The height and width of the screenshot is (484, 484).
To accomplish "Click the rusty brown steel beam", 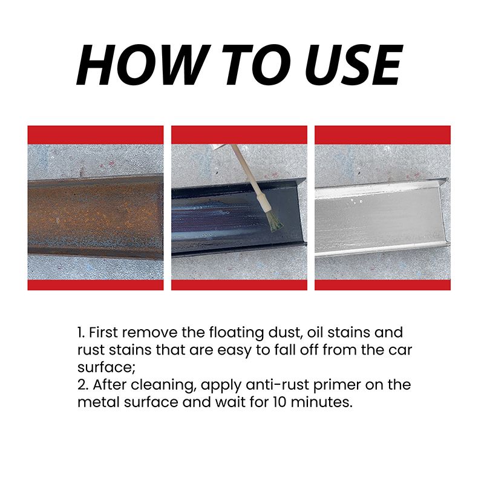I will tap(95, 215).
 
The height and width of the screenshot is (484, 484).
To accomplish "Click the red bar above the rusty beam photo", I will tap(95, 134).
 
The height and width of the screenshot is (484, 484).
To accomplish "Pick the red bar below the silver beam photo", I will tap(382, 285).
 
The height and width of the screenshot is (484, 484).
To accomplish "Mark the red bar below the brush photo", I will tap(239, 285).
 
